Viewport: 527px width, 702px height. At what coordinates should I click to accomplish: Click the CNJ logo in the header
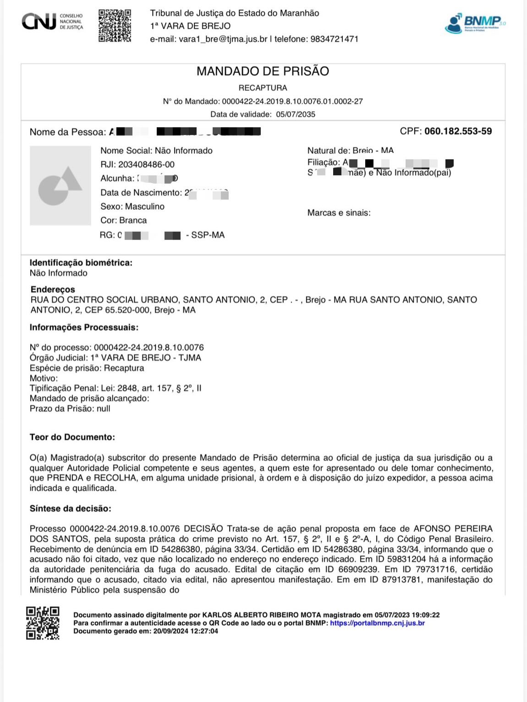tap(52, 22)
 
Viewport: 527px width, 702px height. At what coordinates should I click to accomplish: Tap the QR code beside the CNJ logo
tap(115, 26)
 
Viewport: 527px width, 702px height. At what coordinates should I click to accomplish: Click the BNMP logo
tap(475, 23)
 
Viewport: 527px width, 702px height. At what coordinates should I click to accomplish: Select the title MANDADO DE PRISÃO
tap(263, 71)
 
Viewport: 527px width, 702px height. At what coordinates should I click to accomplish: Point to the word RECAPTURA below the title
tap(263, 87)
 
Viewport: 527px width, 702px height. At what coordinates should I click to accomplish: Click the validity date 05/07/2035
tap(296, 114)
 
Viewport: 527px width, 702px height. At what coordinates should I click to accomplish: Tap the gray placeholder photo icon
tap(60, 185)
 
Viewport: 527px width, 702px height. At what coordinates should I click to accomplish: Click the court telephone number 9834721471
tap(335, 39)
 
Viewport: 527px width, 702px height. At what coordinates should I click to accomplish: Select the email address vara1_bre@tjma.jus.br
tap(223, 39)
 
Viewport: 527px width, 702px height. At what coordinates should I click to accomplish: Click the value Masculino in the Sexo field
tap(145, 207)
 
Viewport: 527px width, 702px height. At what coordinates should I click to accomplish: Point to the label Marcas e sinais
tap(339, 212)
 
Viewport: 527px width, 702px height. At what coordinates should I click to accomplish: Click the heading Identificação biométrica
tap(81, 262)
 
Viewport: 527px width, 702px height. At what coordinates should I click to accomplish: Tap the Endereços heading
tap(53, 289)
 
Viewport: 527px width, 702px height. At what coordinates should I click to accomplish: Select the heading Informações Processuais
tap(84, 327)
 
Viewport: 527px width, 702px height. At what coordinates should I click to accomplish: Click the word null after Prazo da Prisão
tap(104, 408)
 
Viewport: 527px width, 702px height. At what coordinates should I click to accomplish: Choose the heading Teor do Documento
tap(72, 437)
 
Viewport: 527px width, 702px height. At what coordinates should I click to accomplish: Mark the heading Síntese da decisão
tap(70, 508)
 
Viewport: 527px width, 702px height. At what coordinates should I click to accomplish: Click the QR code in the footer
tap(43, 623)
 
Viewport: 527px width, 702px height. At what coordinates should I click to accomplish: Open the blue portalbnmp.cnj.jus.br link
tap(377, 623)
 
